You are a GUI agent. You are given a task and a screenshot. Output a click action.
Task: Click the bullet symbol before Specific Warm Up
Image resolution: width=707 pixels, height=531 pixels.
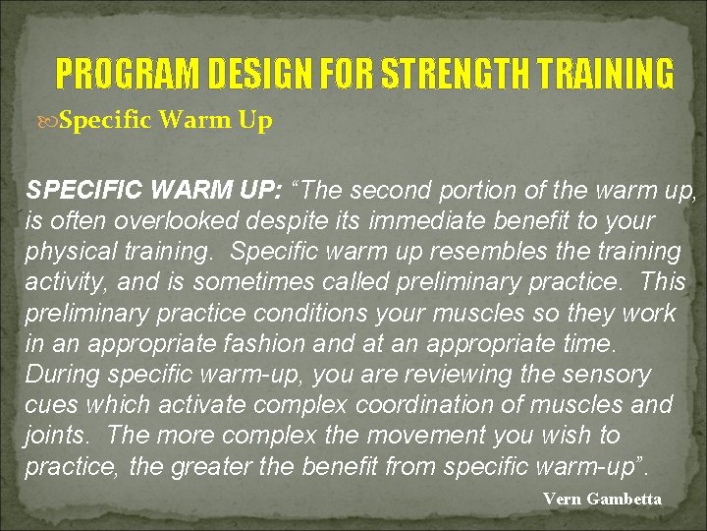click(50, 122)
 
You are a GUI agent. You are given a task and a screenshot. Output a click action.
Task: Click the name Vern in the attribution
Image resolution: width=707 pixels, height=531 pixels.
click(562, 499)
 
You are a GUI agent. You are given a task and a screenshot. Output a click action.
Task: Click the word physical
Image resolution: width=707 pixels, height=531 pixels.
click(69, 252)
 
